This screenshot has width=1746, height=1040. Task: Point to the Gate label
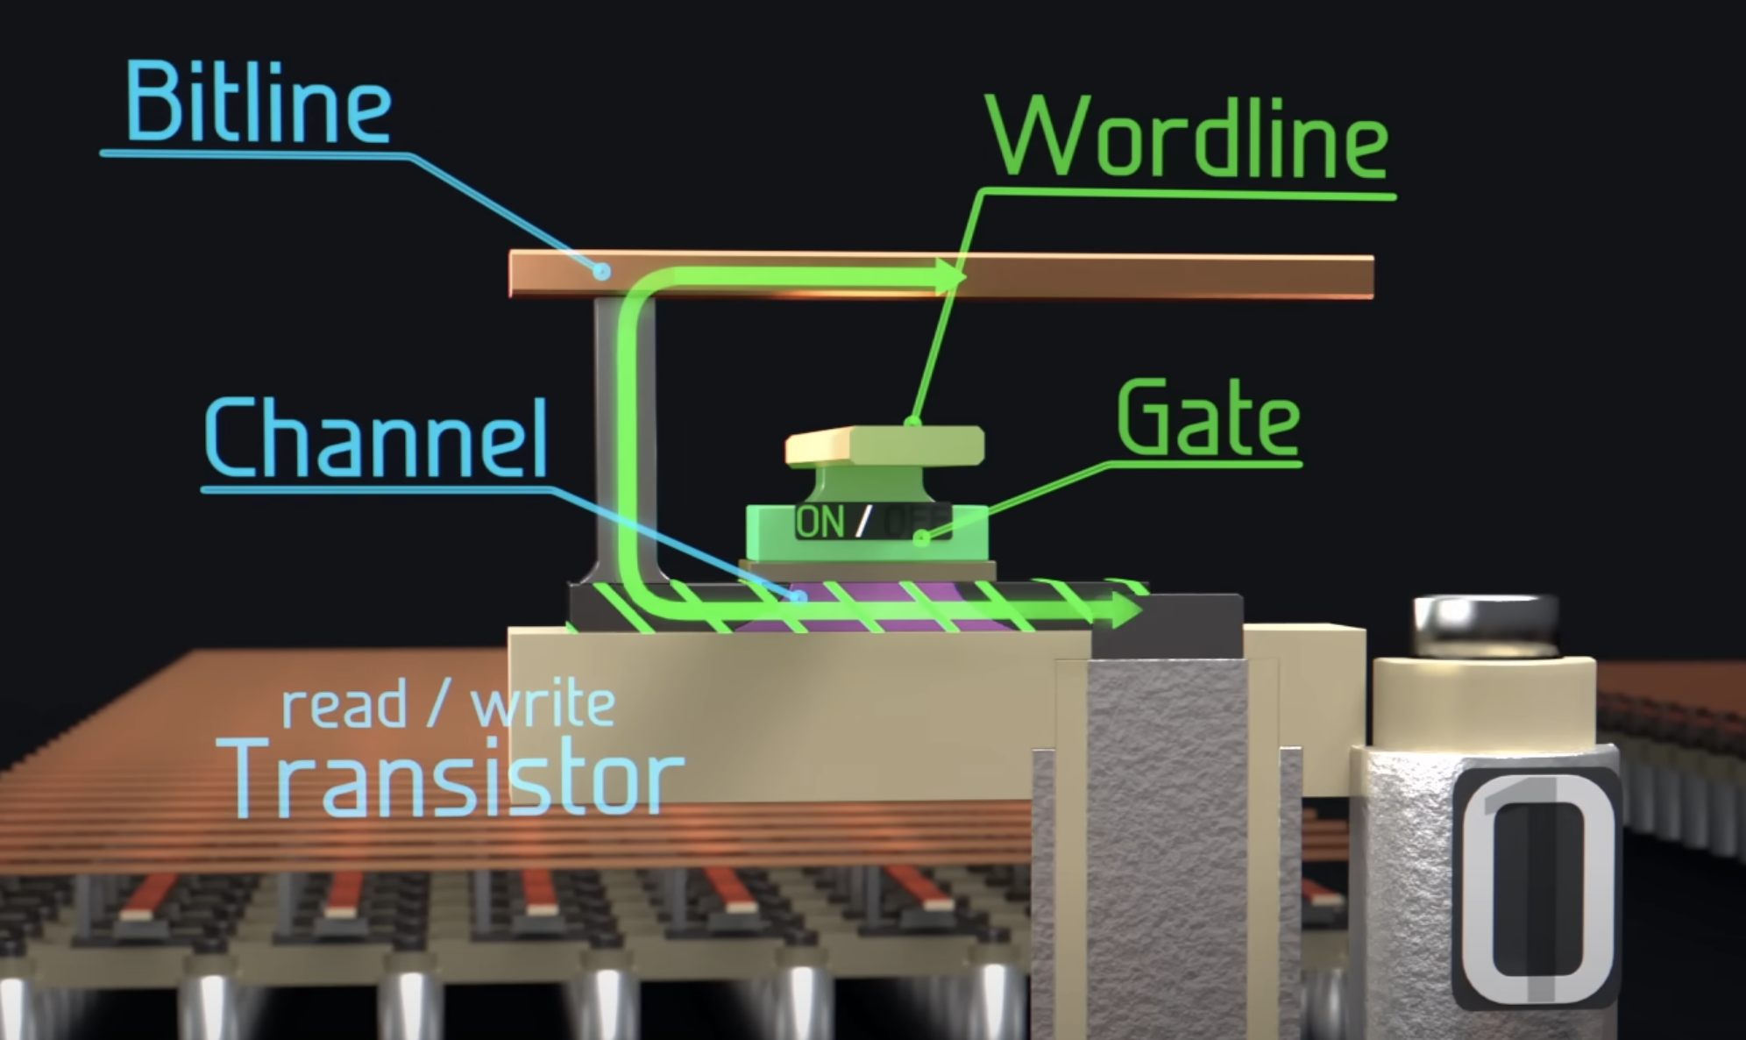1209,419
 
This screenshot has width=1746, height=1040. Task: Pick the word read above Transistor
344,706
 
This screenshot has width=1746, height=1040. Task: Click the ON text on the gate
820,522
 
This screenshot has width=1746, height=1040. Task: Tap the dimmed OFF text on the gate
915,522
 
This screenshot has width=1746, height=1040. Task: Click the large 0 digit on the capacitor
1536,890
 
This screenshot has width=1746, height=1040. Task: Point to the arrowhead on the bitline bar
951,275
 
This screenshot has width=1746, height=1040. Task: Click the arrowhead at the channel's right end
1126,609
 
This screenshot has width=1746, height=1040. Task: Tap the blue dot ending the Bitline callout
601,272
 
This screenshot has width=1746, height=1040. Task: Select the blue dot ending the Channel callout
798,597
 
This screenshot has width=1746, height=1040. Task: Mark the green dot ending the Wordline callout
912,423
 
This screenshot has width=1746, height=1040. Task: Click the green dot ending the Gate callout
920,538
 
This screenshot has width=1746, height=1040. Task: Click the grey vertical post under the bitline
624,438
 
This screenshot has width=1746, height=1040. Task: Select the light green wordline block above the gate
885,445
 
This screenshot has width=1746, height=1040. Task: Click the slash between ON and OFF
863,522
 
